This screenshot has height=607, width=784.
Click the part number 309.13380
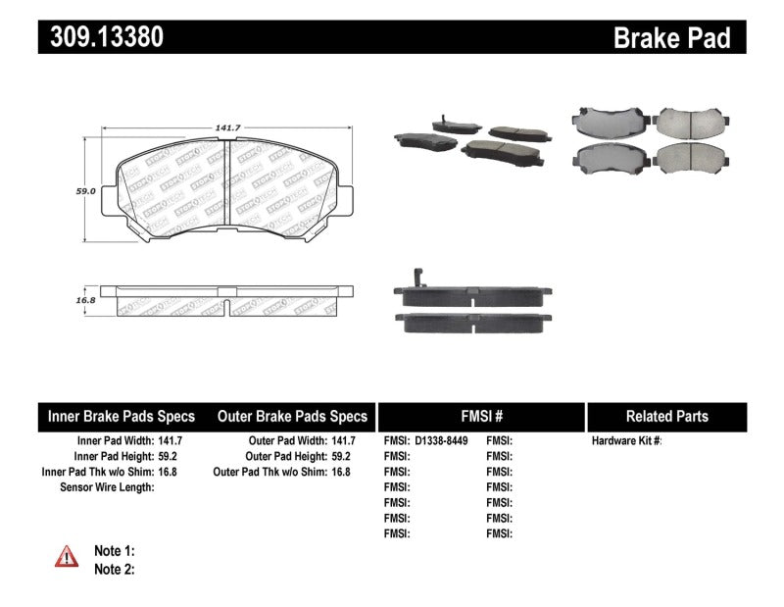[x=102, y=36]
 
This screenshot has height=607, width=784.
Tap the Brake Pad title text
[x=672, y=37]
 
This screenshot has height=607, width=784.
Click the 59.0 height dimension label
[x=86, y=192]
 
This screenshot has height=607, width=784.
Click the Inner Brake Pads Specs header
[x=122, y=417]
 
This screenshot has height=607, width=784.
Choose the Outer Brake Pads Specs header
[x=292, y=417]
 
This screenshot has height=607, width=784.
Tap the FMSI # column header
[x=480, y=417]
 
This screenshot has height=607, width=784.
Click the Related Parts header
[x=666, y=417]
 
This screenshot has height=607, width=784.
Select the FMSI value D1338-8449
[x=442, y=441]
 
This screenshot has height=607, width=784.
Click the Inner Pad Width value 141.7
[x=171, y=441]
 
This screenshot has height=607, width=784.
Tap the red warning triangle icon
[x=67, y=557]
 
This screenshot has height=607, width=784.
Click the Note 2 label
[x=114, y=569]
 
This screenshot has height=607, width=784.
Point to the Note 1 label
[x=114, y=551]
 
